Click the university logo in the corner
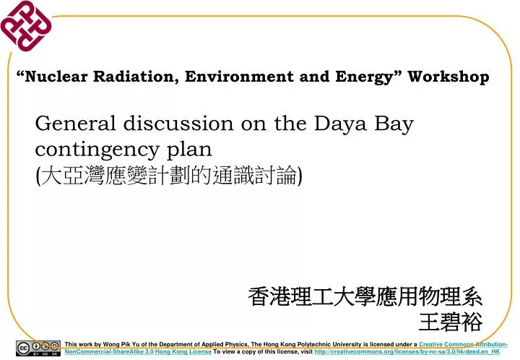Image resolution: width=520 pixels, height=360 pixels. tap(26, 27)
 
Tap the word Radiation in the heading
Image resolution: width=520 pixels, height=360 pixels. tap(136, 77)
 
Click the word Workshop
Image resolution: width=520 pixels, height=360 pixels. tap(448, 77)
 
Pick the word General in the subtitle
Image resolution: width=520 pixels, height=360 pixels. tap(75, 124)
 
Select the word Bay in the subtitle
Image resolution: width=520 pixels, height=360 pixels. tap(394, 124)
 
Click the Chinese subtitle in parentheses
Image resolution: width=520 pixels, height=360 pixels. tap(169, 175)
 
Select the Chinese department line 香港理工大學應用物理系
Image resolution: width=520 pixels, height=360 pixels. tap(365, 296)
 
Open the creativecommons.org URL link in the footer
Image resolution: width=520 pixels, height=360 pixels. tap(407, 351)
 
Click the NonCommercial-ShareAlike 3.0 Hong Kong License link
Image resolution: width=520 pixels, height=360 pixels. tap(137, 351)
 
